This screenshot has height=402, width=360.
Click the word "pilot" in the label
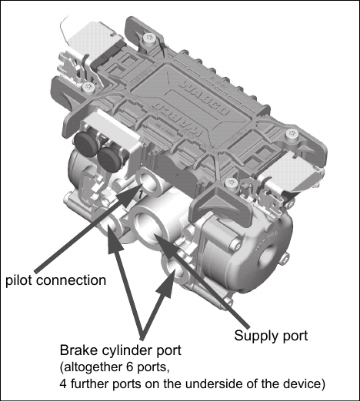point(18,280)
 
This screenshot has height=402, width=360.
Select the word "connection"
point(71,280)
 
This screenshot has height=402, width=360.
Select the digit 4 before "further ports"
point(64,384)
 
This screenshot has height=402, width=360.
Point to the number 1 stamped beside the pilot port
point(140,194)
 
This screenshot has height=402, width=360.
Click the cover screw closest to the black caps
point(89,88)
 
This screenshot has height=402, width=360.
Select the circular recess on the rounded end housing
point(270,256)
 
